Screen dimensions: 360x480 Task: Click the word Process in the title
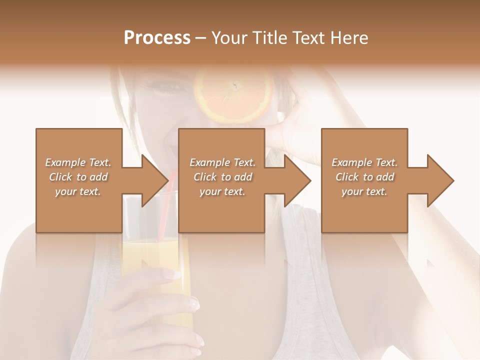157,38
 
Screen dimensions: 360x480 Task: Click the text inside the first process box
78,177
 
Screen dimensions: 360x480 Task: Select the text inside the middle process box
222,177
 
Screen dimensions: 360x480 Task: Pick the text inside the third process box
364,177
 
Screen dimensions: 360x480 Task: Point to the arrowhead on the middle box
296,180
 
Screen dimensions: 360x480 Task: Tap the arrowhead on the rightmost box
439,180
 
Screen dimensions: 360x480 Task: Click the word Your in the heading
229,38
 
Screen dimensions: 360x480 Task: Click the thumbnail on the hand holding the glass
172,274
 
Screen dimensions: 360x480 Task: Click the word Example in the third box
351,162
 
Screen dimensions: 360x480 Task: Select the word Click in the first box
60,177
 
